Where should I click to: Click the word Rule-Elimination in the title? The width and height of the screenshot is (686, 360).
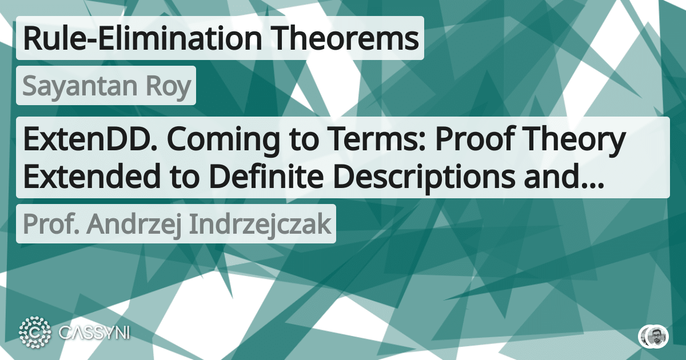point(137,39)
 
